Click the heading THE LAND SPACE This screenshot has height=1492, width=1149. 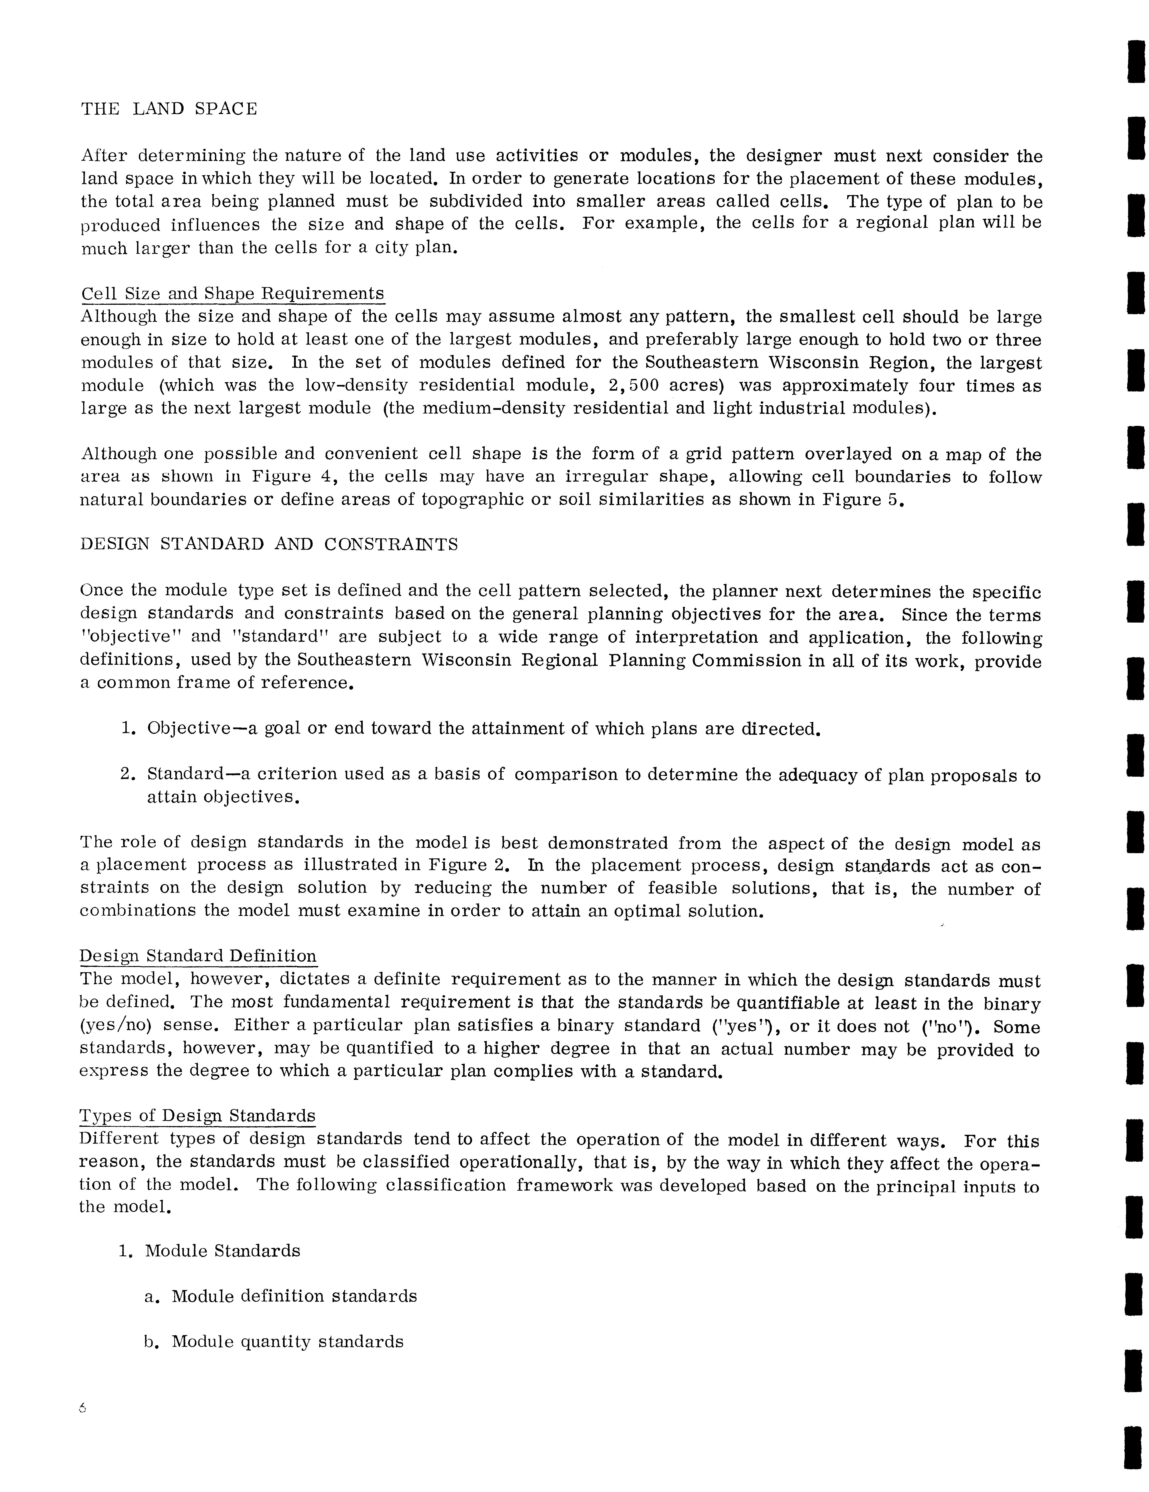[169, 109]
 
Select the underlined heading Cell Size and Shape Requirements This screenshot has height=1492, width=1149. [232, 294]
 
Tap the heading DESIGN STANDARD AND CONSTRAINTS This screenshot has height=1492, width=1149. [269, 545]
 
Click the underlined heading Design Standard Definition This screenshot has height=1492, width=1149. [198, 956]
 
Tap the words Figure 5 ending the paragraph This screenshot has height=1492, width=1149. [863, 500]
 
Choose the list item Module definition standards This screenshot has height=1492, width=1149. [294, 1296]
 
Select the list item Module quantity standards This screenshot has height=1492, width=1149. [287, 1342]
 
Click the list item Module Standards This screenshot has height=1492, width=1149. [222, 1251]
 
